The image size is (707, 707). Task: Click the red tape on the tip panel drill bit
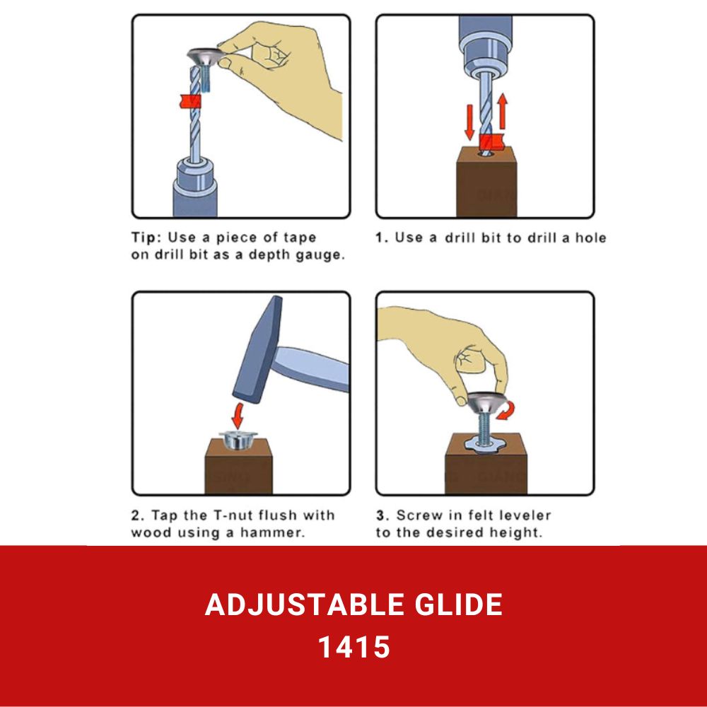tap(189, 101)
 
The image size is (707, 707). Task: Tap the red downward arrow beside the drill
tap(469, 122)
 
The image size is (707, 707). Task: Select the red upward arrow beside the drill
tap(502, 112)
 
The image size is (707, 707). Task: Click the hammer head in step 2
tap(258, 349)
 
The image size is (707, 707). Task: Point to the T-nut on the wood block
tap(238, 440)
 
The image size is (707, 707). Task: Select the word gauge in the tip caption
tap(320, 255)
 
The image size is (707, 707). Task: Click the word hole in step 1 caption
tap(590, 238)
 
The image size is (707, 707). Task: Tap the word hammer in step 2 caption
tap(272, 532)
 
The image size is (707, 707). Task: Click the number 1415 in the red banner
tap(354, 647)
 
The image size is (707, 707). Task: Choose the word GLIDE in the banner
tap(458, 604)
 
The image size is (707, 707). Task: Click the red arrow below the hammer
tap(238, 416)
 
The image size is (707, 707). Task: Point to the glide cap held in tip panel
tap(206, 57)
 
